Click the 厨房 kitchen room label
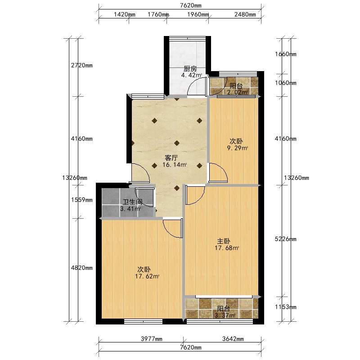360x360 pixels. coord(190,69)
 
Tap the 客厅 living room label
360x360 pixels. coord(171,158)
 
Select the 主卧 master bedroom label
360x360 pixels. coord(224,241)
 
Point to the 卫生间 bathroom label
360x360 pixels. coord(132,202)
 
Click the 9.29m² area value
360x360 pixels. coord(238,148)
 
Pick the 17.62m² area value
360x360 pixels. coord(147,276)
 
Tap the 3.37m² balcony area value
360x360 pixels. coord(225,315)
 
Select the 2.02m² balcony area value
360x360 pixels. coord(237,92)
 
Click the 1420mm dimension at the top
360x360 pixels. coord(125,14)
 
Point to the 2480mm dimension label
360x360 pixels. coord(245,14)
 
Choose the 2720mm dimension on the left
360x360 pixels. coord(82,65)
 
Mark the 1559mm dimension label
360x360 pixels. coord(82,200)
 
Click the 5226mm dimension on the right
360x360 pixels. coord(286,239)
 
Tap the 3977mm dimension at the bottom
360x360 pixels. coord(152,339)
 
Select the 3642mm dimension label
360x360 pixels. coord(233,339)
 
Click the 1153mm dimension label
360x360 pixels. coord(286,307)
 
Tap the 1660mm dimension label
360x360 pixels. coord(286,54)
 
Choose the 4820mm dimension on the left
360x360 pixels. coord(82,268)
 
